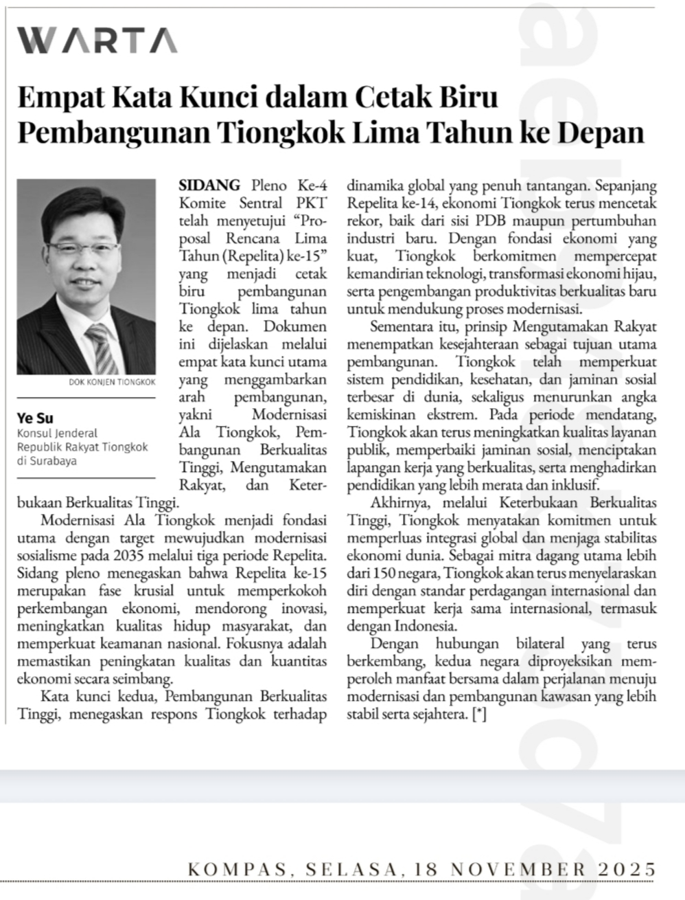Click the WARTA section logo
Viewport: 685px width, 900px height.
click(x=97, y=40)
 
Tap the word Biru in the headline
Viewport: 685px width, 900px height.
click(x=470, y=97)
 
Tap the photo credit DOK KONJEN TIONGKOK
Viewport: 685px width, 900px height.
click(x=112, y=382)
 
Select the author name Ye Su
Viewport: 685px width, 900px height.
click(x=35, y=418)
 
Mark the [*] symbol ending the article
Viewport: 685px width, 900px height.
click(x=479, y=715)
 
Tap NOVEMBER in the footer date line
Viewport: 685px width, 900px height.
click(x=520, y=870)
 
